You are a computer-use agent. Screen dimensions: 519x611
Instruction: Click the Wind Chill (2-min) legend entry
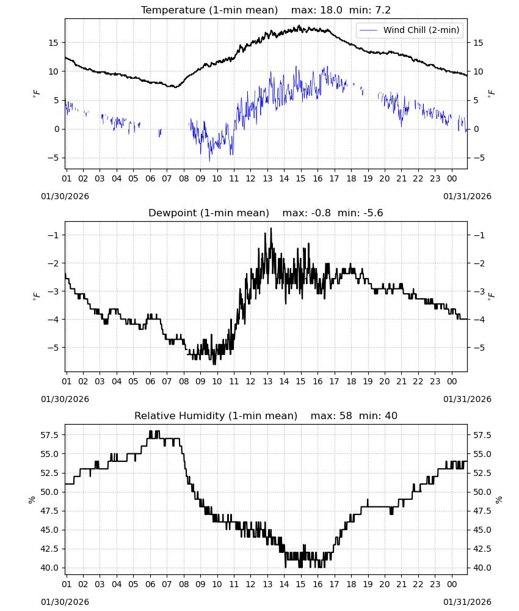coord(409,30)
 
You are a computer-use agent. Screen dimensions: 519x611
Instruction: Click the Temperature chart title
coord(266,10)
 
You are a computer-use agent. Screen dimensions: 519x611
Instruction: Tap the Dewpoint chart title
coord(266,213)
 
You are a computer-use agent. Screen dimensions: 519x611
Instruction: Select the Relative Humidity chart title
coord(266,415)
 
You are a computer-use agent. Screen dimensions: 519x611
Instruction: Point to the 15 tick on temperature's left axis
coord(53,43)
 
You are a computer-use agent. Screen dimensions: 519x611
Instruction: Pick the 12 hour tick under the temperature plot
coord(250,178)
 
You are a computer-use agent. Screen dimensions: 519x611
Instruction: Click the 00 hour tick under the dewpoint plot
coord(452,381)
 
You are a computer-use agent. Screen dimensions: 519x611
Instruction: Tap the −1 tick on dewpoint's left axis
coord(53,235)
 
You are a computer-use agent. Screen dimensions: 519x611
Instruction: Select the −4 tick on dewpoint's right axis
coord(479,320)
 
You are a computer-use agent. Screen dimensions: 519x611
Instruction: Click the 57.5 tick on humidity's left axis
coord(49,435)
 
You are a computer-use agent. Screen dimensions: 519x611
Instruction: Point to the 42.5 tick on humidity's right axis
coord(482,549)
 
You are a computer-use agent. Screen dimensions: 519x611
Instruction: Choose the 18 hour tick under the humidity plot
coord(351,585)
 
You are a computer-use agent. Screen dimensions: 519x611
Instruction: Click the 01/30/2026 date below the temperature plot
coord(65,196)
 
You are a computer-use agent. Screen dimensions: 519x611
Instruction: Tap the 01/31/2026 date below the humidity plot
coord(467,602)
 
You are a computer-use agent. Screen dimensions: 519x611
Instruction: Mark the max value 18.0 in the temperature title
coord(332,10)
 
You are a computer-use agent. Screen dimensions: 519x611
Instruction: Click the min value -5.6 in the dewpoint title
coord(373,213)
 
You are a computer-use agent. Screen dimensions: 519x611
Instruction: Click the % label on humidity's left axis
coord(32,500)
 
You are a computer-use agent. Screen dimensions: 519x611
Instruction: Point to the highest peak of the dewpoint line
coord(271,229)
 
